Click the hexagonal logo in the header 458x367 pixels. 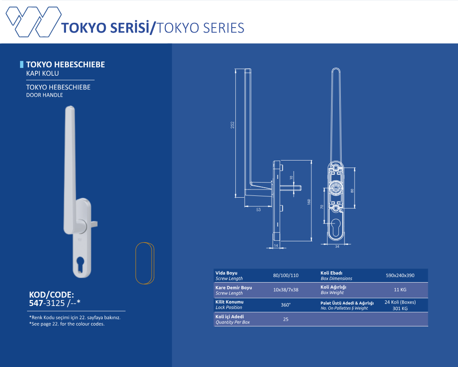click(33, 22)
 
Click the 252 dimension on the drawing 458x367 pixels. click(233, 125)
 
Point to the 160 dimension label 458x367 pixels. click(309, 202)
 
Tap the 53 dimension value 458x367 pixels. click(258, 210)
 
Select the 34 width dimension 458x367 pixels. click(337, 246)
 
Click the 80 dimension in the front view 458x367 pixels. click(352, 190)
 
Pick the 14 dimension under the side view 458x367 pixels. click(276, 245)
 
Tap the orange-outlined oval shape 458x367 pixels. click(145, 263)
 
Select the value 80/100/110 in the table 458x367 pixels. click(286, 275)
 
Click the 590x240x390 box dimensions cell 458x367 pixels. click(400, 275)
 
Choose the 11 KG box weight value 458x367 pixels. click(400, 290)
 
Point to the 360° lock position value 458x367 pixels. click(286, 305)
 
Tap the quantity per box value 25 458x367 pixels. click(286, 319)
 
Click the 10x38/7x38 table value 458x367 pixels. click(286, 290)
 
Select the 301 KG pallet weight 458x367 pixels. click(400, 308)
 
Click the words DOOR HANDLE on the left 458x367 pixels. click(44, 95)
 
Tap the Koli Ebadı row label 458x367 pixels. click(331, 273)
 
